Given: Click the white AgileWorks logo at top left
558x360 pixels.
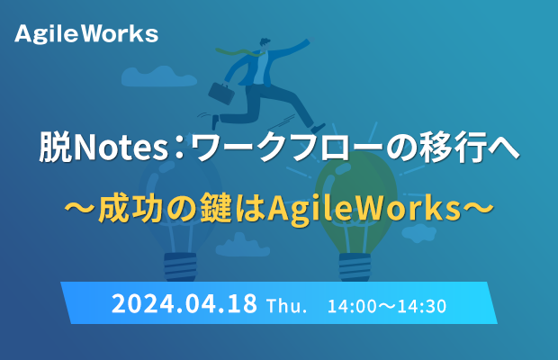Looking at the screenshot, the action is pyautogui.click(x=86, y=34).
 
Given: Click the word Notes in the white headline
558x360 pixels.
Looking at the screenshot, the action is pyautogui.click(x=121, y=148).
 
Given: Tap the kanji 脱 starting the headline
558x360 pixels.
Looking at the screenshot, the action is pyautogui.click(x=55, y=147).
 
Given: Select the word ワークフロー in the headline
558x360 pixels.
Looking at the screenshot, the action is pyautogui.click(x=287, y=147).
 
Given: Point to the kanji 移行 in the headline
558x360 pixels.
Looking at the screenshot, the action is pyautogui.click(x=453, y=147).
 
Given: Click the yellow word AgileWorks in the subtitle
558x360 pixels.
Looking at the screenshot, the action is pyautogui.click(x=364, y=209).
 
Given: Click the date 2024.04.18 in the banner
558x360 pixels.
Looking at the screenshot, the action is pyautogui.click(x=184, y=304).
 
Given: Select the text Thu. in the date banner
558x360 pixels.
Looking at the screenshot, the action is pyautogui.click(x=287, y=306).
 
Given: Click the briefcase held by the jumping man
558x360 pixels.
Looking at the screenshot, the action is pyautogui.click(x=221, y=94).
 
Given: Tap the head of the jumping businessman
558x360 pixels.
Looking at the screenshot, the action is pyautogui.click(x=265, y=43).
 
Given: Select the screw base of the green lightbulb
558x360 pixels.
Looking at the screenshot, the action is pyautogui.click(x=355, y=266).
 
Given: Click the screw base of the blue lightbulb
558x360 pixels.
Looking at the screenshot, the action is pyautogui.click(x=180, y=266).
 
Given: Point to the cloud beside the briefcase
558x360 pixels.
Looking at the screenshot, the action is pyautogui.click(x=159, y=76).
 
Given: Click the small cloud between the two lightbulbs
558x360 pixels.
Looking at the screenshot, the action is pyautogui.click(x=243, y=246).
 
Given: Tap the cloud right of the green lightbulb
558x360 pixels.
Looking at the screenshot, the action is pyautogui.click(x=418, y=232).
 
